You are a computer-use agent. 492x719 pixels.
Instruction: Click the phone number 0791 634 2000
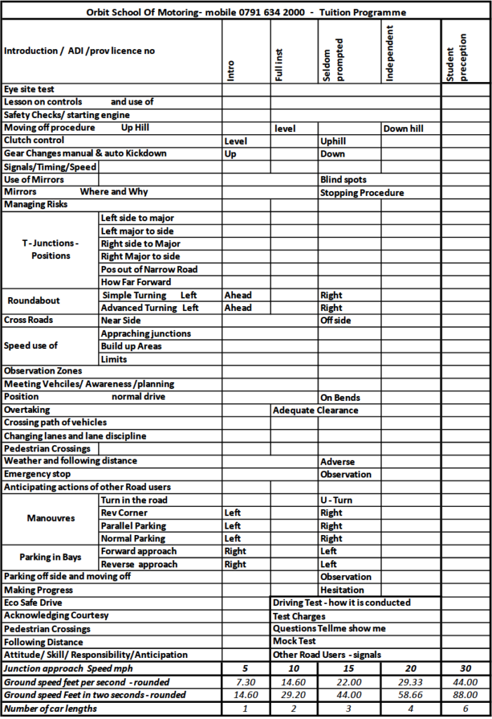click(x=271, y=12)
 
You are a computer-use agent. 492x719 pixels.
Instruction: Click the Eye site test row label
click(x=29, y=89)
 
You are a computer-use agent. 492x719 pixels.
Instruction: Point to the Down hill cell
click(x=403, y=128)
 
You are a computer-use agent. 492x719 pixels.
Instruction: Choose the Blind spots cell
click(x=343, y=180)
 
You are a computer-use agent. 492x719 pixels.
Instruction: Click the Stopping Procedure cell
click(x=362, y=192)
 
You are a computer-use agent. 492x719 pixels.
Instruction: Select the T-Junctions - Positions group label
click(x=51, y=249)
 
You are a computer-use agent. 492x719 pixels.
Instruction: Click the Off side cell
click(x=335, y=320)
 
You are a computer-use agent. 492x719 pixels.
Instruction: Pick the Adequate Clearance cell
click(x=315, y=410)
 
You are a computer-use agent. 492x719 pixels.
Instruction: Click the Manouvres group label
click(x=51, y=519)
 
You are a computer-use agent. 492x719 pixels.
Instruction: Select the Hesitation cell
click(x=342, y=590)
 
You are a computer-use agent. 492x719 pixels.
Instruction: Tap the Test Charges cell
click(x=299, y=616)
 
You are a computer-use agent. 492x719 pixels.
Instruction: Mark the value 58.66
click(x=411, y=694)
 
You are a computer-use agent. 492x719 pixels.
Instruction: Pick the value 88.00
click(x=465, y=694)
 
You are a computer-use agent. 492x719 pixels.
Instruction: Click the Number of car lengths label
click(x=50, y=708)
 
